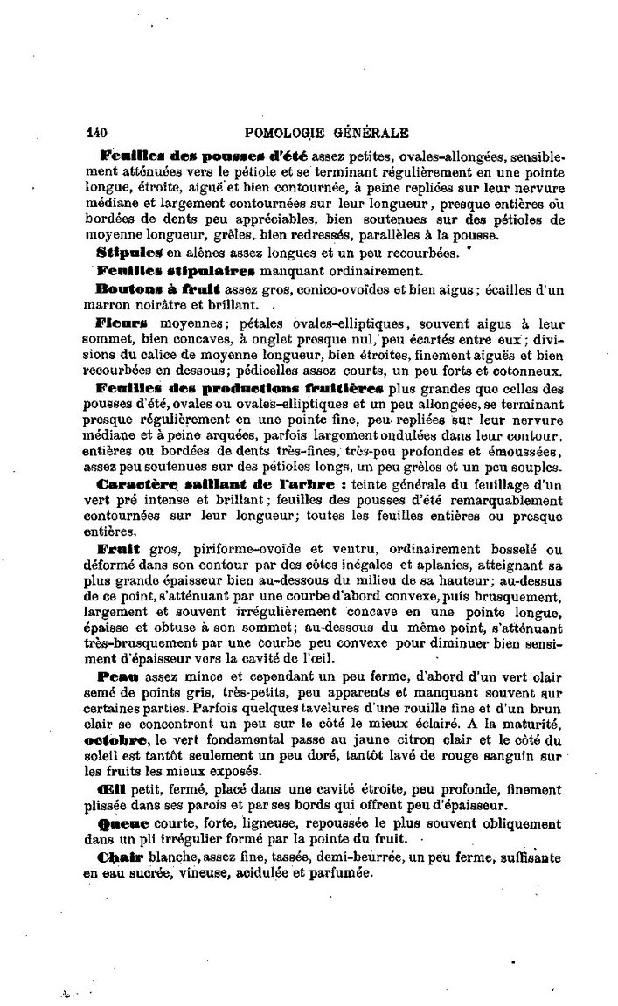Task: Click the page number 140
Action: (x=96, y=134)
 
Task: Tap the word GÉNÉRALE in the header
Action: (x=371, y=134)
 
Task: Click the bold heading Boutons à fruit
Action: (x=159, y=288)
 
